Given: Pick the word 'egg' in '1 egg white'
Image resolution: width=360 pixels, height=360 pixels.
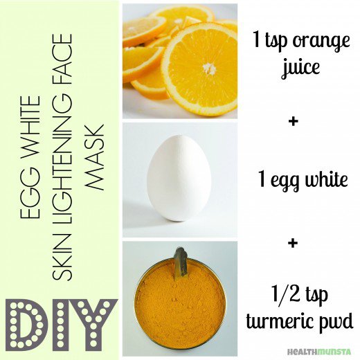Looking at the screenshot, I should [x=293, y=181].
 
